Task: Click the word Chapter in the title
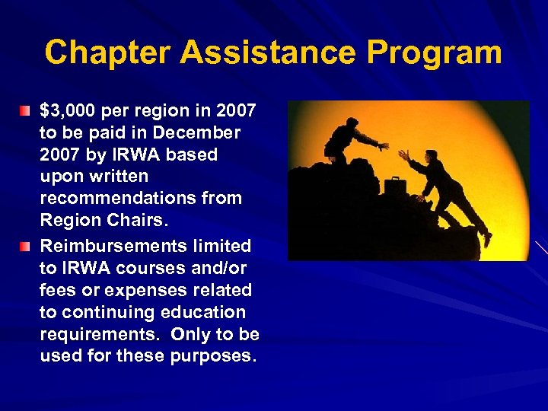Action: (107, 53)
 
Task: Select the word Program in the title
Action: (435, 53)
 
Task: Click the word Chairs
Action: (133, 221)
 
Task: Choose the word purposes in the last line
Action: (211, 356)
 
